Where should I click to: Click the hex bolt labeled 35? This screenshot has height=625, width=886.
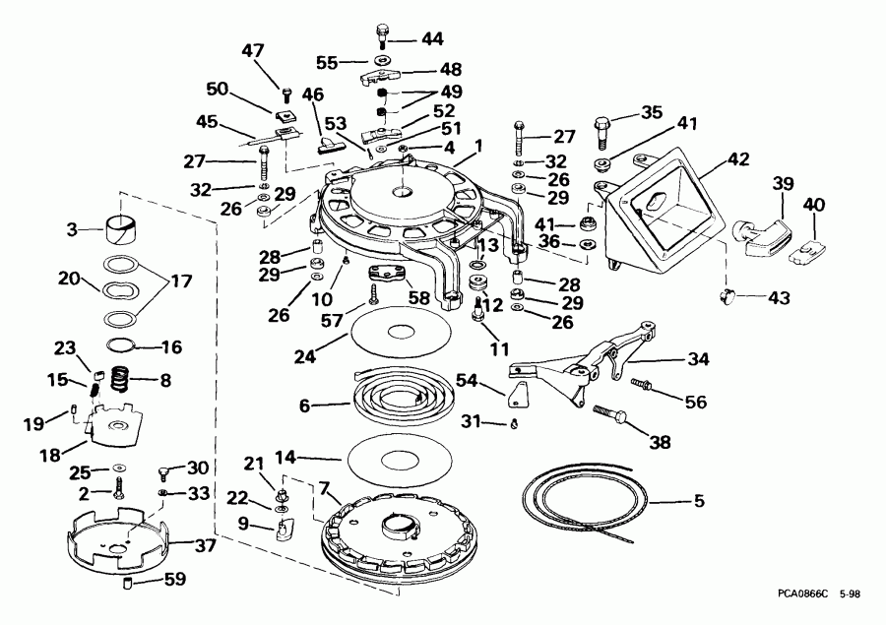click(x=602, y=130)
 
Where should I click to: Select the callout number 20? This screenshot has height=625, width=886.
click(x=68, y=279)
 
